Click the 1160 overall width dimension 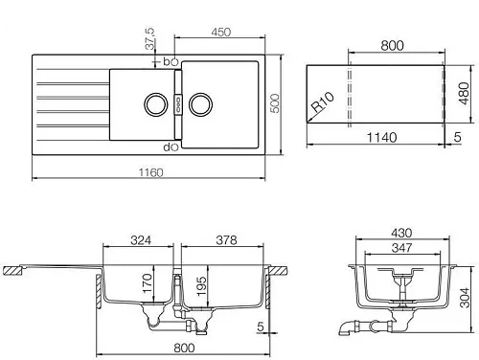(150, 172)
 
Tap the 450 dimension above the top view (221, 33)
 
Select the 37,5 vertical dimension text (149, 38)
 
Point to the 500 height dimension (275, 103)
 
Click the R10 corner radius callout (323, 102)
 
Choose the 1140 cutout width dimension (382, 138)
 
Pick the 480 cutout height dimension (464, 93)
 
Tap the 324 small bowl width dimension (141, 240)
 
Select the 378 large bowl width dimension (226, 240)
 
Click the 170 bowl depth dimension (148, 283)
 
